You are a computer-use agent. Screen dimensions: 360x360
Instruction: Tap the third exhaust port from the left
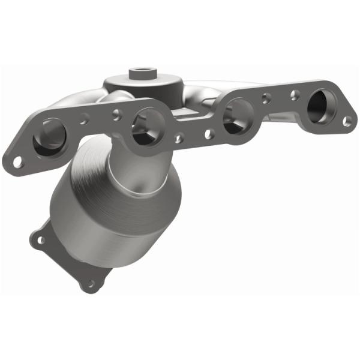[237, 116]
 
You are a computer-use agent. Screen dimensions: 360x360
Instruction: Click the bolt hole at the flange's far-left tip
[18, 161]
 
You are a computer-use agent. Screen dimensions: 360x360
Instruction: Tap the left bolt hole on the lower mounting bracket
[41, 240]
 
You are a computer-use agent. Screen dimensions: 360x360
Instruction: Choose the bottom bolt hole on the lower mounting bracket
[91, 283]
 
